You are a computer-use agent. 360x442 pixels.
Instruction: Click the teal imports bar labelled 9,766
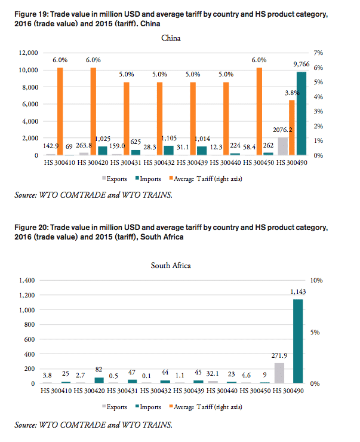[301, 113]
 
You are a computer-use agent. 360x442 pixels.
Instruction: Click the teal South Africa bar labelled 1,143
[298, 341]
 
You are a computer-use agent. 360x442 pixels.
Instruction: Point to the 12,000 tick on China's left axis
[26, 53]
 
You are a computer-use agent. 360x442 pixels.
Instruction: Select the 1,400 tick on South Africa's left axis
[28, 280]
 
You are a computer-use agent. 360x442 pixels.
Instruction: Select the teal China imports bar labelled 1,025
[102, 151]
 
